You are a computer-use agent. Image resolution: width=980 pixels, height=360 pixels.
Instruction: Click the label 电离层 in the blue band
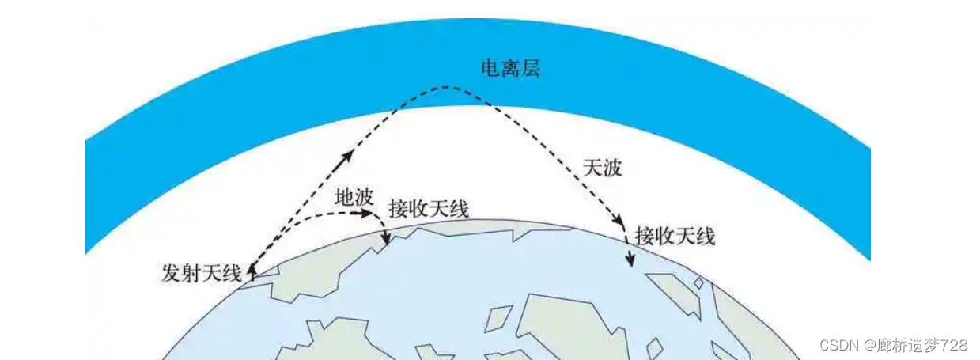pyautogui.click(x=510, y=68)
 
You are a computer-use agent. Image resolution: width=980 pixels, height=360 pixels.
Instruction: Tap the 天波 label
pyautogui.click(x=602, y=168)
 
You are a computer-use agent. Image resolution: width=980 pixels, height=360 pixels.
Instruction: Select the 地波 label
pyautogui.click(x=354, y=199)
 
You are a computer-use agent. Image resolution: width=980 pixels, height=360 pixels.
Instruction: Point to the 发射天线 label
pyautogui.click(x=201, y=274)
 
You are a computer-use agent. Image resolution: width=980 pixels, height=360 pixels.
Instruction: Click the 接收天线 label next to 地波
pyautogui.click(x=429, y=209)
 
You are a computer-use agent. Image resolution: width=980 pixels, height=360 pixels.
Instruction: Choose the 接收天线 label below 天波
pyautogui.click(x=675, y=235)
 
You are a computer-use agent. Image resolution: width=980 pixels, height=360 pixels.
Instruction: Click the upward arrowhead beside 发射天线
pyautogui.click(x=252, y=271)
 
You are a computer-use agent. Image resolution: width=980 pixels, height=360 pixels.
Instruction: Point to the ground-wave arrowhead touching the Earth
pyautogui.click(x=385, y=241)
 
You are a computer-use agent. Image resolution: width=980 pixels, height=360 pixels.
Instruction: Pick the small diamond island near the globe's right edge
pyautogui.click(x=698, y=282)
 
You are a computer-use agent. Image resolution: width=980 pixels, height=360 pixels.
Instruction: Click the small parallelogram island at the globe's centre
pyautogui.click(x=497, y=317)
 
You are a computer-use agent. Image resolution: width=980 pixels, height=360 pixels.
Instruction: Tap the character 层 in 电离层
pyautogui.click(x=530, y=68)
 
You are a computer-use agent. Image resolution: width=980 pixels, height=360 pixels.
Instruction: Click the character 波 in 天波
pyautogui.click(x=612, y=168)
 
